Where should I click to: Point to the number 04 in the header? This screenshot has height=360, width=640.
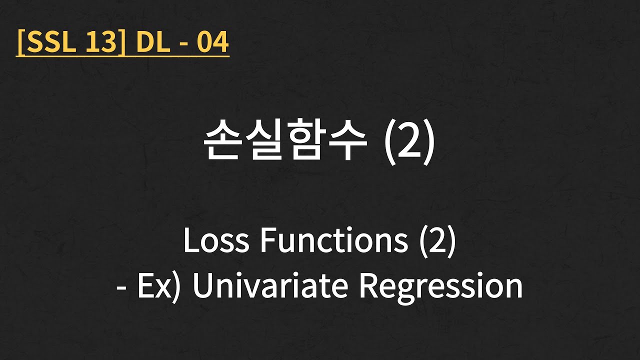coord(212,43)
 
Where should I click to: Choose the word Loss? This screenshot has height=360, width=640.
coord(216,241)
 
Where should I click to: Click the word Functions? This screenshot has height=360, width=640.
coord(333,241)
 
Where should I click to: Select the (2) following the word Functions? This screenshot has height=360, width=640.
coord(436,241)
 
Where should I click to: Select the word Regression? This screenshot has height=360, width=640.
coord(441,286)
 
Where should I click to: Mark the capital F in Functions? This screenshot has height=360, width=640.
coord(266,241)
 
